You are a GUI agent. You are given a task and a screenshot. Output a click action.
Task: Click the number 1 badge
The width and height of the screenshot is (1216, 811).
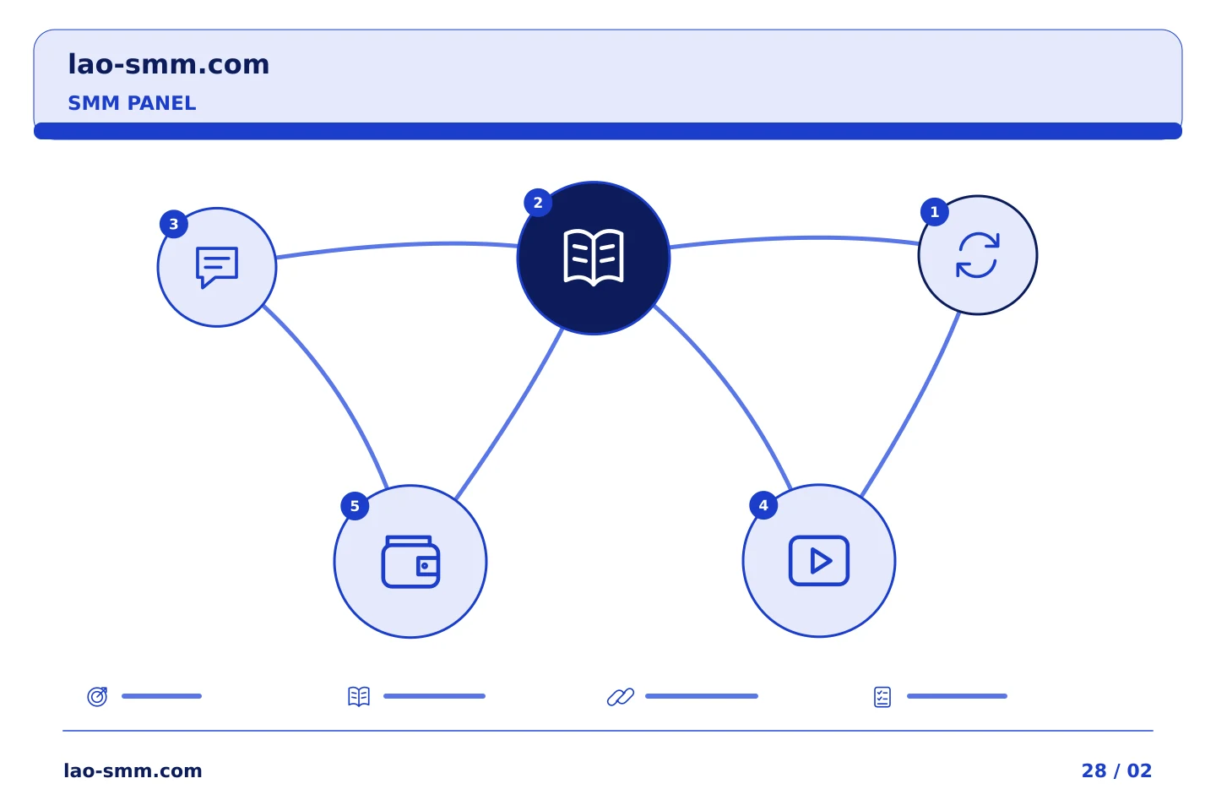[x=934, y=212]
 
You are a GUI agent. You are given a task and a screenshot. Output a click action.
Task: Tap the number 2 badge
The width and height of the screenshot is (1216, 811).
[x=538, y=203]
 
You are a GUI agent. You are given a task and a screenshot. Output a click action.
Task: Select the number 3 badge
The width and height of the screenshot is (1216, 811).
[x=174, y=224]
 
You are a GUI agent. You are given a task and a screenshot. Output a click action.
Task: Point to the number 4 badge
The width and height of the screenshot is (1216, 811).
[x=763, y=505]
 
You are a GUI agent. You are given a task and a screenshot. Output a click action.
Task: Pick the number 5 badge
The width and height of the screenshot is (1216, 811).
[x=355, y=506]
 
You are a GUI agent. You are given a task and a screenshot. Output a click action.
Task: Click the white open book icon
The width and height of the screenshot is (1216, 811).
[x=594, y=258]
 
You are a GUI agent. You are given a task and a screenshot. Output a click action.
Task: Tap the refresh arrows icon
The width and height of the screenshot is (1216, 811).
[x=977, y=255]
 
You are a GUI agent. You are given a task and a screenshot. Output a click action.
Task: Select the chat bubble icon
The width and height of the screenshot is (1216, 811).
[x=216, y=267]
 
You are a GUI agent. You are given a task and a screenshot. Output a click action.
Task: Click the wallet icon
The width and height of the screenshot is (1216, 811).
[x=410, y=562]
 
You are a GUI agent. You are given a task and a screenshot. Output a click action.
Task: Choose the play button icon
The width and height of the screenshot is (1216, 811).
[x=818, y=561]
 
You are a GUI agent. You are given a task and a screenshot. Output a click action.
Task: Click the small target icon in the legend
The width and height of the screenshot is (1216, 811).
[x=98, y=696]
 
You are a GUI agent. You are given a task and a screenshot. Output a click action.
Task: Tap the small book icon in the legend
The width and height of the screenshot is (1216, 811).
[x=359, y=696]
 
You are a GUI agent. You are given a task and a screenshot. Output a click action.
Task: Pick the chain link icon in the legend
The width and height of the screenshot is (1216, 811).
[x=621, y=696]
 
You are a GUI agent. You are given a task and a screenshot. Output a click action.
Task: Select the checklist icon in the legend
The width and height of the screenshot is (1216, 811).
[x=882, y=697]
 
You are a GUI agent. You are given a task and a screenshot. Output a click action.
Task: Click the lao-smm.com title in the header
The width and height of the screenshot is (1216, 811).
[x=168, y=65]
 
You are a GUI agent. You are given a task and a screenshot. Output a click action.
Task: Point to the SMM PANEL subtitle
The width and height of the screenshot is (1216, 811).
[x=132, y=103]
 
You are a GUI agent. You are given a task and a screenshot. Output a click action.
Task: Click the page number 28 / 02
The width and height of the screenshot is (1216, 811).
[x=1116, y=770]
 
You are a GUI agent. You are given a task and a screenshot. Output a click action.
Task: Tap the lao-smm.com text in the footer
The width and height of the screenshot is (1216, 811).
[x=133, y=770]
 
